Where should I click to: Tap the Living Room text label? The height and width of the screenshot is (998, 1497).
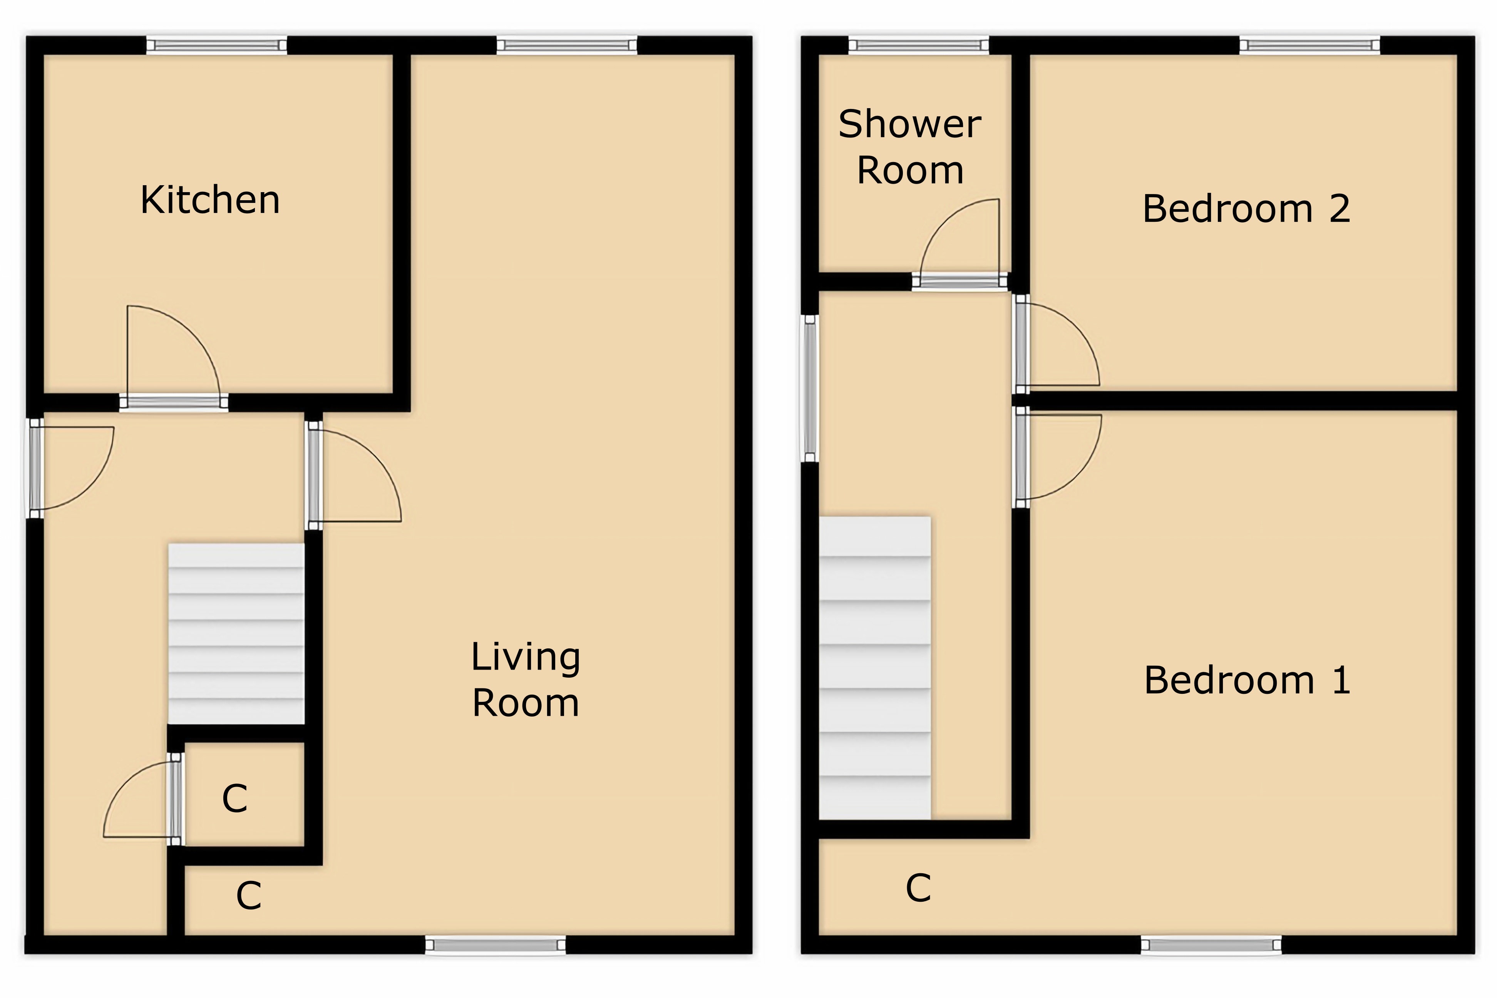pyautogui.click(x=526, y=680)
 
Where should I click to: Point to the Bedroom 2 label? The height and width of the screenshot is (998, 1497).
pyautogui.click(x=1246, y=209)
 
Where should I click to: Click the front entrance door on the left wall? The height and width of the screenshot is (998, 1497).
pyautogui.click(x=70, y=468)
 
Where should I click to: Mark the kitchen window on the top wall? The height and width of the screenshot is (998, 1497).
pyautogui.click(x=216, y=45)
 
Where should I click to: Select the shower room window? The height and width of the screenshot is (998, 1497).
pyautogui.click(x=918, y=45)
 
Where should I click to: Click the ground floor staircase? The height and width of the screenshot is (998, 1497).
pyautogui.click(x=236, y=633)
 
